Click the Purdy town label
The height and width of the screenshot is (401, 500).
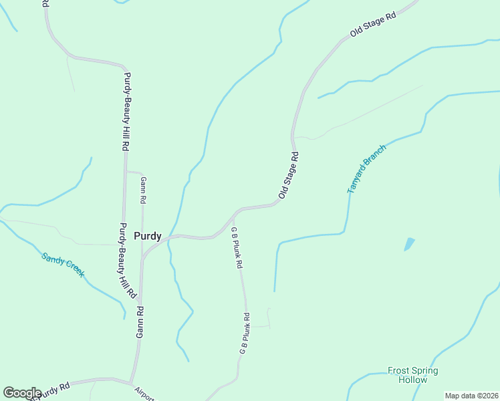(x=147, y=236)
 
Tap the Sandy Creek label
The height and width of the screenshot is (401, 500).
(x=63, y=265)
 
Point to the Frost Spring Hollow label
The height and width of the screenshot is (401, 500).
(x=413, y=375)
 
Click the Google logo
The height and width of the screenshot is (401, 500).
(x=22, y=393)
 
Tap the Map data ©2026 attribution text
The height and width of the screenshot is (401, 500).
(x=471, y=396)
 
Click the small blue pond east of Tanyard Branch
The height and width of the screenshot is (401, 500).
(x=409, y=244)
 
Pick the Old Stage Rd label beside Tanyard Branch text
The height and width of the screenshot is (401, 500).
(x=288, y=175)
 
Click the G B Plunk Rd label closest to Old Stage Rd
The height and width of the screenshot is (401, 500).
(x=236, y=247)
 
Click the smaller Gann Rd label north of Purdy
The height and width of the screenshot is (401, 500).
(x=143, y=190)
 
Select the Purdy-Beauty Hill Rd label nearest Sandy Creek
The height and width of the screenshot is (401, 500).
(x=128, y=260)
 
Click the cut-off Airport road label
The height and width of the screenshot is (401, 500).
(x=144, y=394)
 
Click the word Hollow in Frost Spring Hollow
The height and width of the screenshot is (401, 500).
(x=412, y=380)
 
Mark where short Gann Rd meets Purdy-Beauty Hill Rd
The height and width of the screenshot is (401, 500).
(x=126, y=170)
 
